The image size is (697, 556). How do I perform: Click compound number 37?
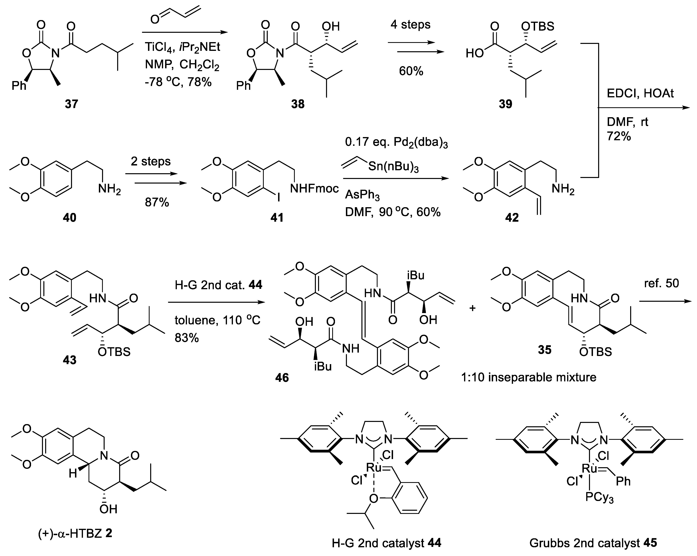coord(71,104)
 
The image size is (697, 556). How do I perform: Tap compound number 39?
coord(505,104)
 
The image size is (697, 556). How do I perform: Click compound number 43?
coord(69,359)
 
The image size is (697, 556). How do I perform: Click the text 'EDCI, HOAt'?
coord(640,93)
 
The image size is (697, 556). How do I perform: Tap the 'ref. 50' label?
coord(661,283)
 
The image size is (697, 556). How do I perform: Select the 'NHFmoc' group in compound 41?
coord(314,188)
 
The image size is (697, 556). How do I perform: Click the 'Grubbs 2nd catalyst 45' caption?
coord(593,543)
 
